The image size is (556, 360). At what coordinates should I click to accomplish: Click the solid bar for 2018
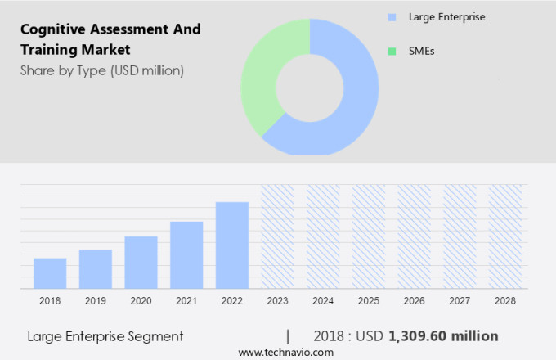coord(50,273)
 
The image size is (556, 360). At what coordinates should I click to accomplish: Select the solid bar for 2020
coord(141,262)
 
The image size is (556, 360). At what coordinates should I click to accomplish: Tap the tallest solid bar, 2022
coord(232,245)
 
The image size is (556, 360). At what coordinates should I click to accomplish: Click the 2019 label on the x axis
coord(96,301)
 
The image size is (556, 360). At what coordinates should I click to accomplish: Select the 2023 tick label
coord(277,301)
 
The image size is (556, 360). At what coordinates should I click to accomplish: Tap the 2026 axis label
coord(414,301)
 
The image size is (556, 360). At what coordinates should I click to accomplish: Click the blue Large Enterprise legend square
coord(392,16)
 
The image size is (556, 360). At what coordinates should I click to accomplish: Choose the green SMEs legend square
coord(392,51)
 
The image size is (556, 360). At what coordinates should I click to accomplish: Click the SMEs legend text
coord(421,51)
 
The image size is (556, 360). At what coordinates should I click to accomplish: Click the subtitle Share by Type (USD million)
coord(102,70)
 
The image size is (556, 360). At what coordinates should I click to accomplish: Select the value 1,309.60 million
coord(443,336)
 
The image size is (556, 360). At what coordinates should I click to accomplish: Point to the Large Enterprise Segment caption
coord(105,336)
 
